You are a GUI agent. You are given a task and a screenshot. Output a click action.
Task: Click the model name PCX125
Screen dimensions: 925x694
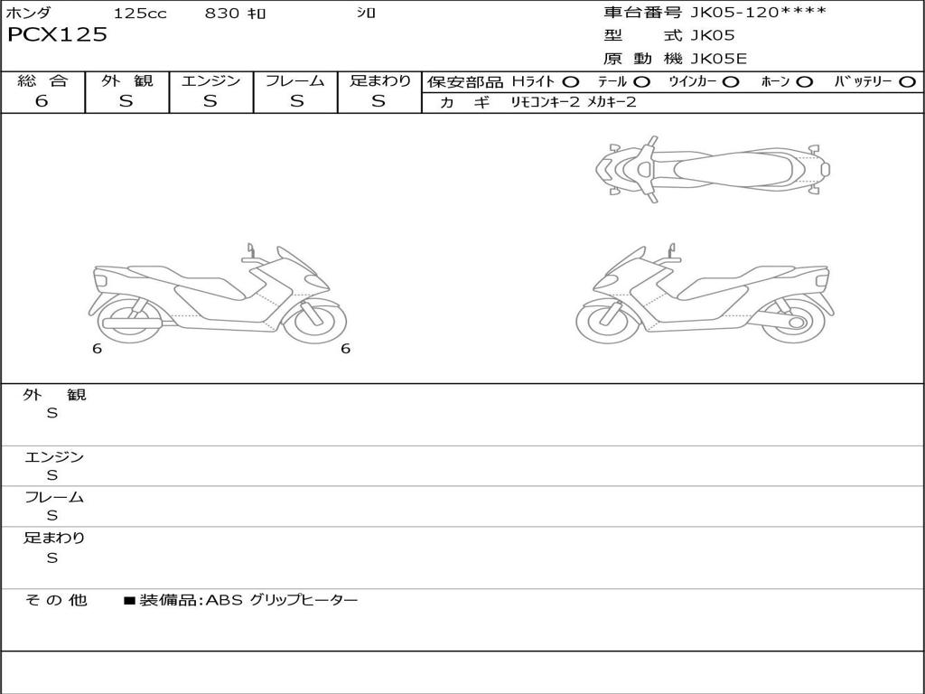coord(57,35)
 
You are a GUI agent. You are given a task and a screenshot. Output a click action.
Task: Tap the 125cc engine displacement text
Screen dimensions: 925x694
coord(140,13)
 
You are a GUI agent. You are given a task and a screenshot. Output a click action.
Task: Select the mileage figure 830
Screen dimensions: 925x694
coord(221,13)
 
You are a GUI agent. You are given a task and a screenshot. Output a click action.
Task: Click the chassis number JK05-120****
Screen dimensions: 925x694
coord(758,12)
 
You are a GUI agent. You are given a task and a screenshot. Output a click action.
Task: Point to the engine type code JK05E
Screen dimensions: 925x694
coord(718,59)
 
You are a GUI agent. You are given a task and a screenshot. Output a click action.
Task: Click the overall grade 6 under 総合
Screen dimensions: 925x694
coord(42,101)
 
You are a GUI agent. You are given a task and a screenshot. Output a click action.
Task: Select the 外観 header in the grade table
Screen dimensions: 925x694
coord(126,80)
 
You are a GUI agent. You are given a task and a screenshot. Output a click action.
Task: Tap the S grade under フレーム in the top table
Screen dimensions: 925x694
coord(296,101)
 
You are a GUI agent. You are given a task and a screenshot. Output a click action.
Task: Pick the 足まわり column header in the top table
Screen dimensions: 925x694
coord(380,80)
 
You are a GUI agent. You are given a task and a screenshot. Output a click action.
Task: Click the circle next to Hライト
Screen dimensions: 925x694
coord(571,82)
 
